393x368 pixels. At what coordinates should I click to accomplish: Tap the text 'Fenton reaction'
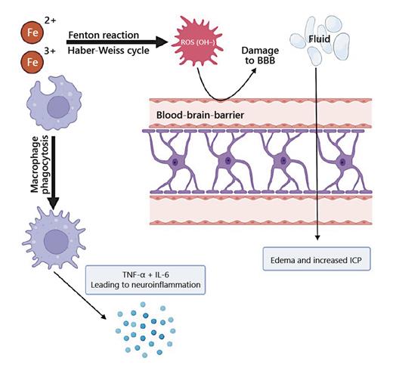(x=101, y=34)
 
